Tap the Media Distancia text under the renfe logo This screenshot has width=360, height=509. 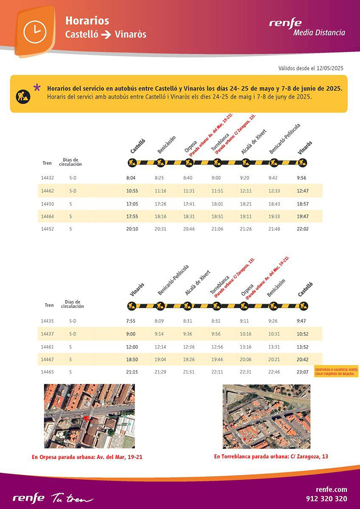(x=319, y=32)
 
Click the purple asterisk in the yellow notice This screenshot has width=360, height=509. (x=37, y=88)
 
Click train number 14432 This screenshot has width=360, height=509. (x=47, y=178)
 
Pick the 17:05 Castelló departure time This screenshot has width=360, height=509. (x=132, y=204)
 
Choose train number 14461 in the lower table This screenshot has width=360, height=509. (x=47, y=346)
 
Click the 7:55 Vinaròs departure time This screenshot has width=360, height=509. (x=131, y=321)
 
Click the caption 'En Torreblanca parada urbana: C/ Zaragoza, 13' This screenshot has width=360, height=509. (x=271, y=456)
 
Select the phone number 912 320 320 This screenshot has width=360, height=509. (x=326, y=499)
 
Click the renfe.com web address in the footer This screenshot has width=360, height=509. (x=332, y=489)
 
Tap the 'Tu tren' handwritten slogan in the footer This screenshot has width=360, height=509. (x=72, y=498)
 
